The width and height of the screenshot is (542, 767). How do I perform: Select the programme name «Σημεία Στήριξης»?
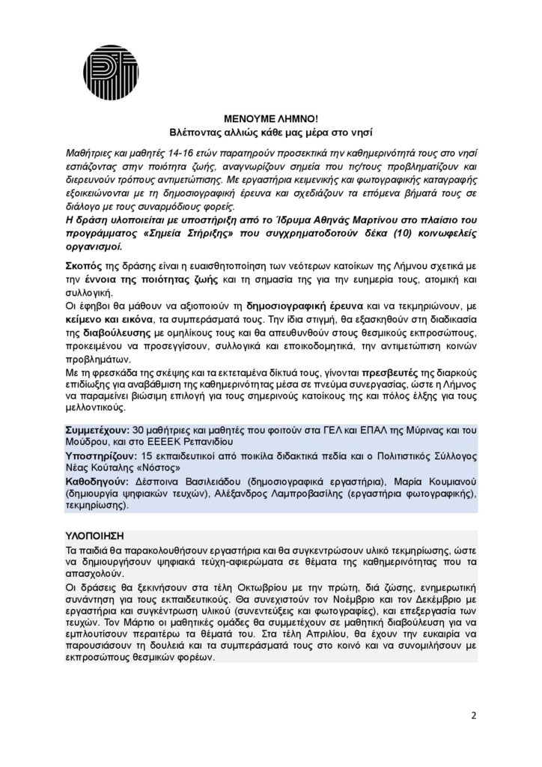point(165,233)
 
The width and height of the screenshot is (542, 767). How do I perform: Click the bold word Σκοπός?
point(79,267)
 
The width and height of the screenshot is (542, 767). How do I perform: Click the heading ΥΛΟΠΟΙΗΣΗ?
point(94,538)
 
